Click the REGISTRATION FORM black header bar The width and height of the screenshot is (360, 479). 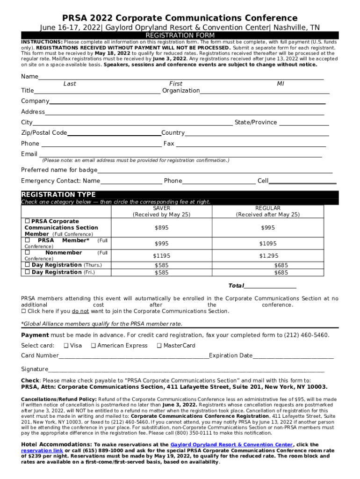180,36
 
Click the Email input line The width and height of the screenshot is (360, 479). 180,156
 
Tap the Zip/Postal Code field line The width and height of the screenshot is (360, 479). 114,135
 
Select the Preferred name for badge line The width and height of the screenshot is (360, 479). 215,172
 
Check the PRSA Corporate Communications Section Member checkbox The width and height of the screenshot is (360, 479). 27,221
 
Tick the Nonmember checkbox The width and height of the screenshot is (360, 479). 27,253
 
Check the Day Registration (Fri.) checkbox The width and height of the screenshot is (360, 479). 27,272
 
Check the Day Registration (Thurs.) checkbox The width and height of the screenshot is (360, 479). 27,265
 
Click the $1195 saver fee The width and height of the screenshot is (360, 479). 162,256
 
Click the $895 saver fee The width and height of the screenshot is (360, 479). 162,228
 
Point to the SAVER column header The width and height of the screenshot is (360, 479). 162,208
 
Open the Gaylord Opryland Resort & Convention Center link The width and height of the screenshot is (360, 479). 231,445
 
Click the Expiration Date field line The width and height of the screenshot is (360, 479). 293,358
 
